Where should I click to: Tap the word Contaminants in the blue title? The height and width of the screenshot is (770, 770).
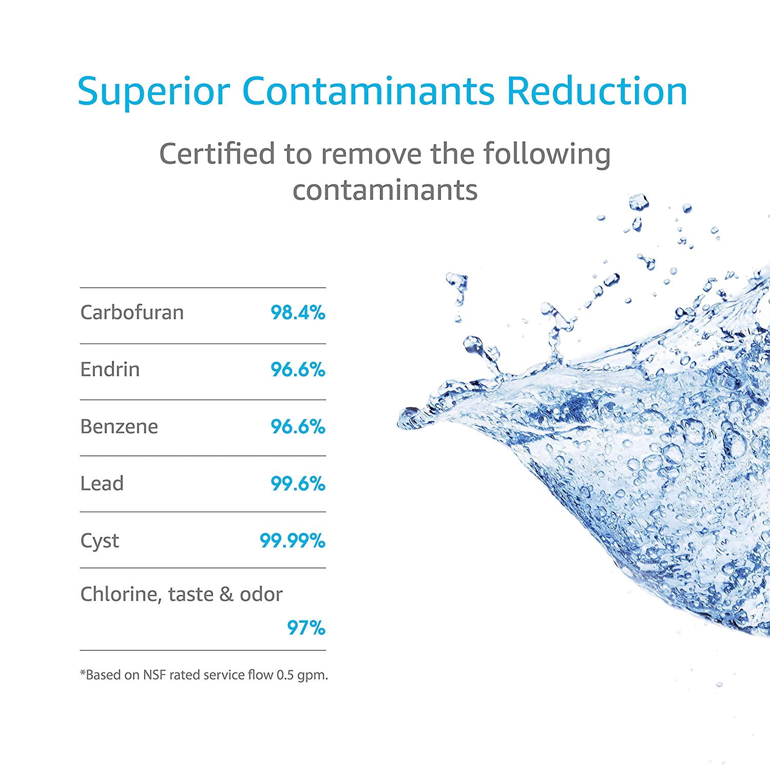pos(368,91)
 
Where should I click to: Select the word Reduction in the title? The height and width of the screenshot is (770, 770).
pos(597,91)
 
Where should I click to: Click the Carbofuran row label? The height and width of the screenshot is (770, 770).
pos(132,312)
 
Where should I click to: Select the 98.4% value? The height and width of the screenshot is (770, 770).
pos(298,313)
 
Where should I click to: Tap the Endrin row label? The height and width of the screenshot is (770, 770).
pos(110,369)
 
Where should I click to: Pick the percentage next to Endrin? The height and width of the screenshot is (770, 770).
pos(298,370)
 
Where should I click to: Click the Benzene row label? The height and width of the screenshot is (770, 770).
pos(119,426)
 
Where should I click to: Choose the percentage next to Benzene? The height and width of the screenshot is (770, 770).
pos(298,427)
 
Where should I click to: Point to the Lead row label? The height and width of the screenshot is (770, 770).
pos(102,483)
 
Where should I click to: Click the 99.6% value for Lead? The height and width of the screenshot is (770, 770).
pos(298,484)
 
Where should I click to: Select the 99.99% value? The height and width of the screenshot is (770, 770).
pos(292,541)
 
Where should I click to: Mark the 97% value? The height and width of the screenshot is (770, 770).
pos(306,628)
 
